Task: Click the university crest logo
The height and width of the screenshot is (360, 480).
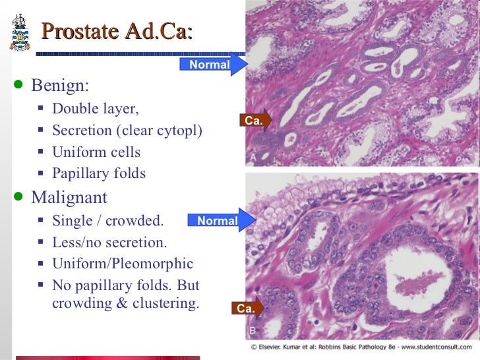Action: [20, 31]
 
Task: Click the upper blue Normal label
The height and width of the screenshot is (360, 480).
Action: [210, 64]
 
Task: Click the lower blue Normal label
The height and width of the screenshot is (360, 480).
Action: [218, 221]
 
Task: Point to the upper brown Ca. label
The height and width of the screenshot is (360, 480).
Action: [254, 121]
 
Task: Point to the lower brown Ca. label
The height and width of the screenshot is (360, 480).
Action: [246, 308]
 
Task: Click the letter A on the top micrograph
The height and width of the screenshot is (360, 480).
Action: [254, 158]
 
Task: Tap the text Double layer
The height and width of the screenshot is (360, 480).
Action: [96, 109]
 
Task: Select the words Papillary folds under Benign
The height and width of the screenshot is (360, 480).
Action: [99, 173]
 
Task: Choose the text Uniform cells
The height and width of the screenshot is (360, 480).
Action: [96, 152]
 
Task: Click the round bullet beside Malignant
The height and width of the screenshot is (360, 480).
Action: [18, 196]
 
